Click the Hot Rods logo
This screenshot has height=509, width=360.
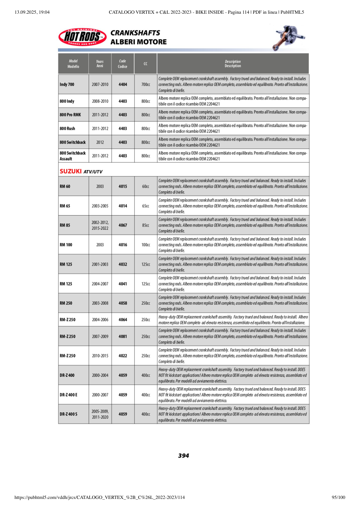point(82,37)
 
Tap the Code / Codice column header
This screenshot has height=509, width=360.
point(123,64)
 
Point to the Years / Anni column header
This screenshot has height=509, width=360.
point(100,64)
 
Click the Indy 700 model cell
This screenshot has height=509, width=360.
point(67,85)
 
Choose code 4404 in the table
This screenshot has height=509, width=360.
point(123,85)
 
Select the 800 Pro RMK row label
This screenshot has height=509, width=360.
point(70,115)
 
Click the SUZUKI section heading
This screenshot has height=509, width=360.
point(71,171)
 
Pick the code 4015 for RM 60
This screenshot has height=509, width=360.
point(123,187)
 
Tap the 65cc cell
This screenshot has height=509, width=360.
point(146,206)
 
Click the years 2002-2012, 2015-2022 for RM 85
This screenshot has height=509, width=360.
point(100,225)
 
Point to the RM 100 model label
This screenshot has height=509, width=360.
point(66,245)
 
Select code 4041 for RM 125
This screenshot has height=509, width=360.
point(123,284)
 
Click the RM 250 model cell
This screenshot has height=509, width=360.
point(66,303)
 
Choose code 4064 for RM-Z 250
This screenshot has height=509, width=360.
point(123,320)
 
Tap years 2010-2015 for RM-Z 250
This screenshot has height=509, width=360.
point(100,356)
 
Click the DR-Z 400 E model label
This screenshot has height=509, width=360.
point(69,395)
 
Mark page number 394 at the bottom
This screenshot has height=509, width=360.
point(183,456)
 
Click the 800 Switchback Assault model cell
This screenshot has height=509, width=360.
point(73,156)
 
